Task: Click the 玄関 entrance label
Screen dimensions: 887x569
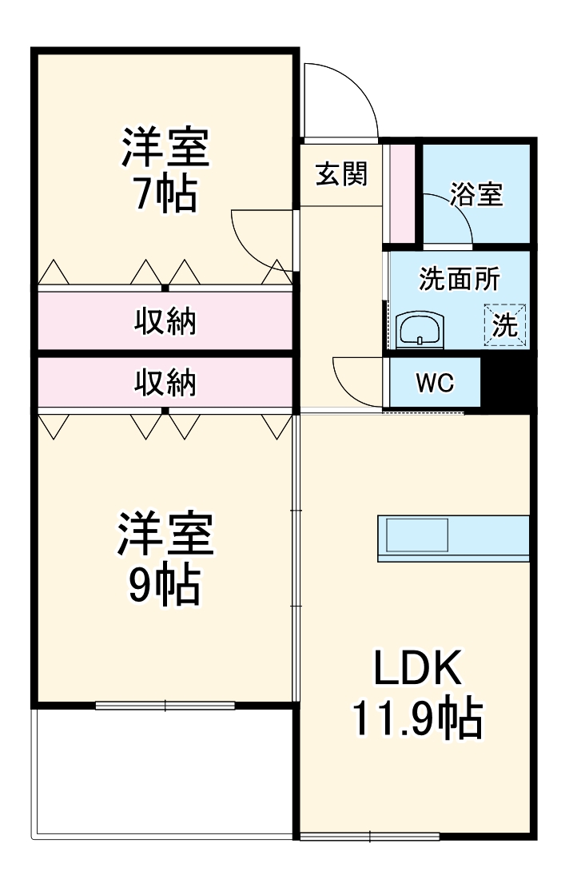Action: pos(341,174)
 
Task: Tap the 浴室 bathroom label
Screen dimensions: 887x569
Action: pos(476,194)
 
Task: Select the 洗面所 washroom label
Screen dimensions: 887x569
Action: pos(460,280)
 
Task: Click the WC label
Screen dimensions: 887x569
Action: pos(434,383)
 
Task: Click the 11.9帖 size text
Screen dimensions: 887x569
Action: pos(419,719)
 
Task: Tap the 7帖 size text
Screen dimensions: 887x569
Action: pos(165,194)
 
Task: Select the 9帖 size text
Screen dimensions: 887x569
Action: pos(165,586)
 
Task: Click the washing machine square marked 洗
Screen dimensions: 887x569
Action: pos(504,325)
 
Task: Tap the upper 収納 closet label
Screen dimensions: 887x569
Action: pos(165,322)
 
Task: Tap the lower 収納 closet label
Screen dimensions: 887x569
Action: pos(165,384)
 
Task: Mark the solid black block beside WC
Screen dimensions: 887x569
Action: pos(508,383)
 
